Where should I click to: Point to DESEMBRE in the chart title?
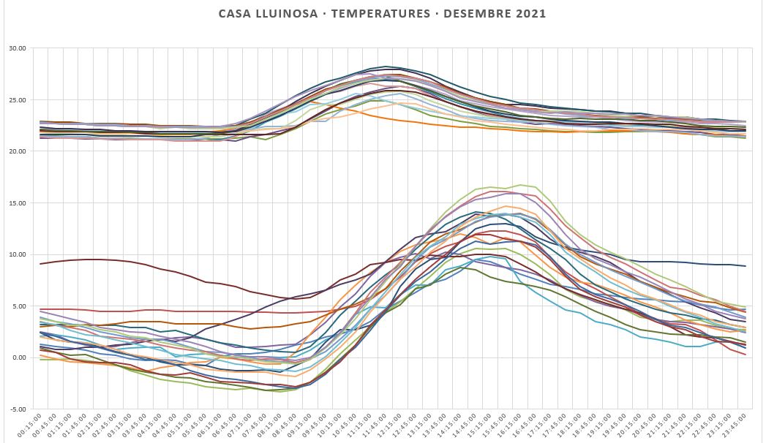478,14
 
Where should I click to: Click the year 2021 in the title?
530,14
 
